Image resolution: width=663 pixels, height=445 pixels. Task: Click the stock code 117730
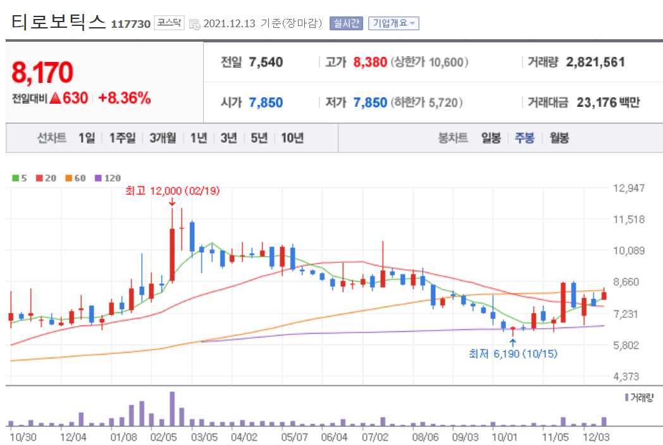[x=130, y=24]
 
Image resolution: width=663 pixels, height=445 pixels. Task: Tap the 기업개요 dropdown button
[x=393, y=23]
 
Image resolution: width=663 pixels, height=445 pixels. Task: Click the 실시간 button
[x=346, y=23]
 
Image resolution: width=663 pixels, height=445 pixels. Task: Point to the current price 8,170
[x=42, y=73]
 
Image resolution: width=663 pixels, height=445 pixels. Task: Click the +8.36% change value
[x=124, y=98]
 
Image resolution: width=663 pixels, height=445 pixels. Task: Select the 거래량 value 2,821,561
[x=595, y=62]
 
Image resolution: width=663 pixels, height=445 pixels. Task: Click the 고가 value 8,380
[x=369, y=62]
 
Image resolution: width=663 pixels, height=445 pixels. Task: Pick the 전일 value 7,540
[x=266, y=62]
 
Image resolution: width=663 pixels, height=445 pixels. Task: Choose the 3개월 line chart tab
[x=163, y=138]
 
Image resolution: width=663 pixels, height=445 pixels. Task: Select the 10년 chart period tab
[x=292, y=138]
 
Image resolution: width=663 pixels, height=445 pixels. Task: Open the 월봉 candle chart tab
[x=559, y=138]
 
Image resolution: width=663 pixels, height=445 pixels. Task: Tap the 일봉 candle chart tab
[x=491, y=138]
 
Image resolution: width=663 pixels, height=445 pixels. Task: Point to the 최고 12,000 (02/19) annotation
[x=172, y=191]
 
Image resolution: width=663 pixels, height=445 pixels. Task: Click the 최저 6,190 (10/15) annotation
[x=513, y=354]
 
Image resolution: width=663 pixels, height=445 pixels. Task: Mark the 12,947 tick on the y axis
[x=629, y=188]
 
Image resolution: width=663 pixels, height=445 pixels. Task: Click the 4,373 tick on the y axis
[x=629, y=377]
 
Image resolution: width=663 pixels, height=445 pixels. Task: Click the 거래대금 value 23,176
[x=597, y=102]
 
